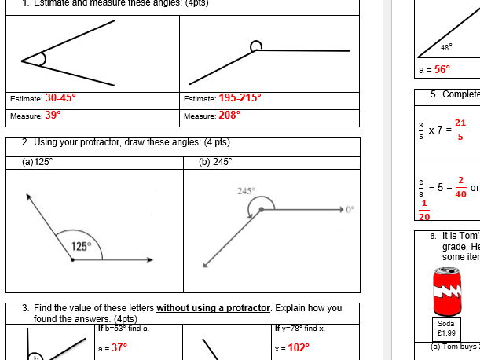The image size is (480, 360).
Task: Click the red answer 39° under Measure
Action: tap(53, 115)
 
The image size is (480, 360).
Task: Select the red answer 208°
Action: tap(229, 115)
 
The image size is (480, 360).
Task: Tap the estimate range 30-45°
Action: tap(60, 98)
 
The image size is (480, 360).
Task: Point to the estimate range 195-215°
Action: tap(240, 98)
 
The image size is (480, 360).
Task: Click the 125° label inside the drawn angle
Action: tap(82, 246)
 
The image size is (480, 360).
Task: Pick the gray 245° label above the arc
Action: tap(246, 191)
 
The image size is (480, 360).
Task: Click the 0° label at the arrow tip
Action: tap(350, 210)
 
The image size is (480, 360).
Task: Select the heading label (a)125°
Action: tap(38, 162)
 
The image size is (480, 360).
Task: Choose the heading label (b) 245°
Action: tap(215, 162)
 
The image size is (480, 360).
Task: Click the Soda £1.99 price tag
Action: tap(446, 328)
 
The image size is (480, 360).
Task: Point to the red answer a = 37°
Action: tap(112, 347)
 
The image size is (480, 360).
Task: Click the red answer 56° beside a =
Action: tap(442, 69)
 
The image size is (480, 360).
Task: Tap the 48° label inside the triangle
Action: tap(446, 48)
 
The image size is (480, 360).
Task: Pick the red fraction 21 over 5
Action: tap(460, 129)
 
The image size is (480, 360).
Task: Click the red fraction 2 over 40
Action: tap(460, 187)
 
